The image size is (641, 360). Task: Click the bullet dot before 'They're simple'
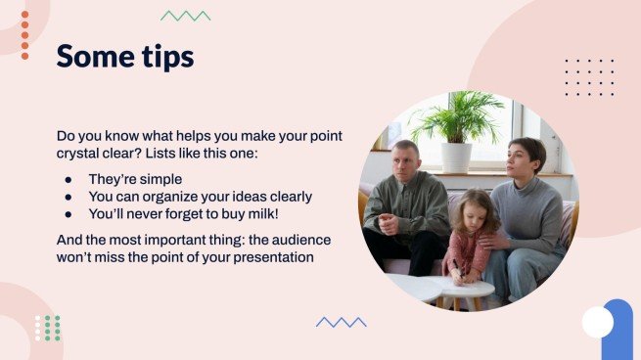[68, 180]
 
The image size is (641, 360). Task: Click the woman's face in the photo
[525, 158]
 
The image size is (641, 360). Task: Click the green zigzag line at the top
[186, 16]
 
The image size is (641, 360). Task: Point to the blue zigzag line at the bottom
[341, 322]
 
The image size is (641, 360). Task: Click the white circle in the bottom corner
[597, 322]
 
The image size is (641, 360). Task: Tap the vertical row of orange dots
[24, 35]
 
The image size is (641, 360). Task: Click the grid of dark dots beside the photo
[590, 77]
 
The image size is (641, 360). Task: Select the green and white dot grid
[48, 328]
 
